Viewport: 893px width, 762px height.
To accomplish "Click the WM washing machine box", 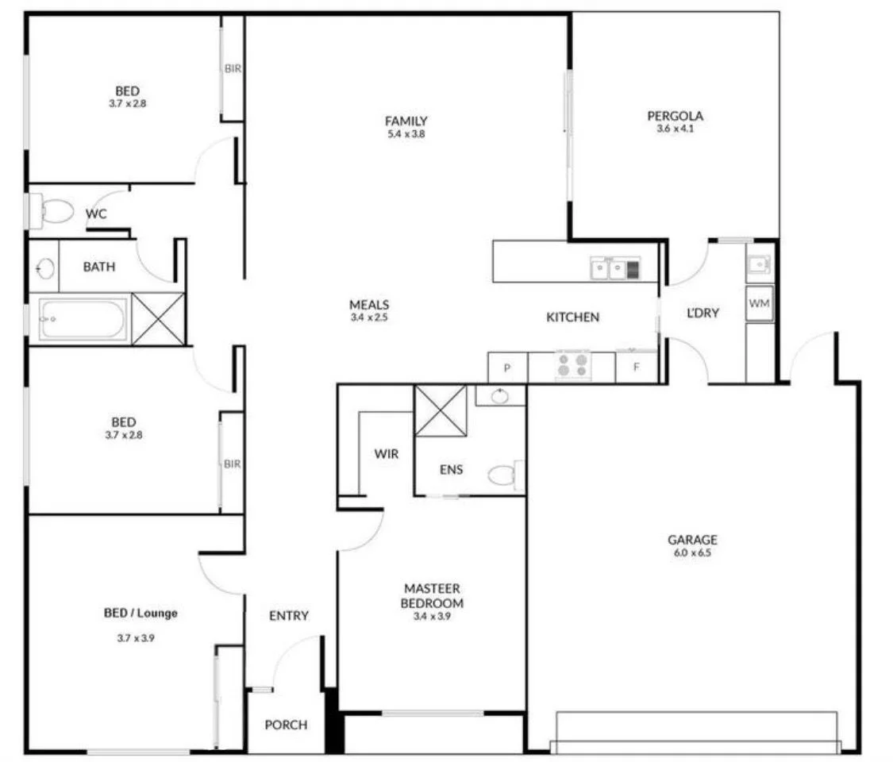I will (x=759, y=303).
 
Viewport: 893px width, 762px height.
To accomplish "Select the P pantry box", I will (x=507, y=368).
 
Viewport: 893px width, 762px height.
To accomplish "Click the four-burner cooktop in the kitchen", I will (x=572, y=365).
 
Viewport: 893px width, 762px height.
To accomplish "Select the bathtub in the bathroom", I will (x=82, y=319).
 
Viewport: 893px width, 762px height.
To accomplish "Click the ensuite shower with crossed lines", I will (x=441, y=410).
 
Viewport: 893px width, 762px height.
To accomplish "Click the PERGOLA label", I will (x=675, y=116).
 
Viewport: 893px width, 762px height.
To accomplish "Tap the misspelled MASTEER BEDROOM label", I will (x=432, y=595).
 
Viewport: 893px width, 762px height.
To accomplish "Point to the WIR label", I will (x=386, y=454).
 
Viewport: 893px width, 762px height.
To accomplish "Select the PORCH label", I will (x=285, y=725).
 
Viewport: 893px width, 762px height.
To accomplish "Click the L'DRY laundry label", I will (x=702, y=313).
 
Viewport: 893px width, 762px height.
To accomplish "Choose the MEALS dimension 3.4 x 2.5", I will (x=369, y=317).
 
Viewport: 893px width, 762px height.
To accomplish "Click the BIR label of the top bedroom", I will (x=232, y=69).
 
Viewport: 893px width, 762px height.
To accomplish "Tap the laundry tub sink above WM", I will (x=758, y=262).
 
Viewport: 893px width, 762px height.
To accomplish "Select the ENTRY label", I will (x=288, y=616).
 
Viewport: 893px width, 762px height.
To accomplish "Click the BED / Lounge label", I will (x=140, y=613).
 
